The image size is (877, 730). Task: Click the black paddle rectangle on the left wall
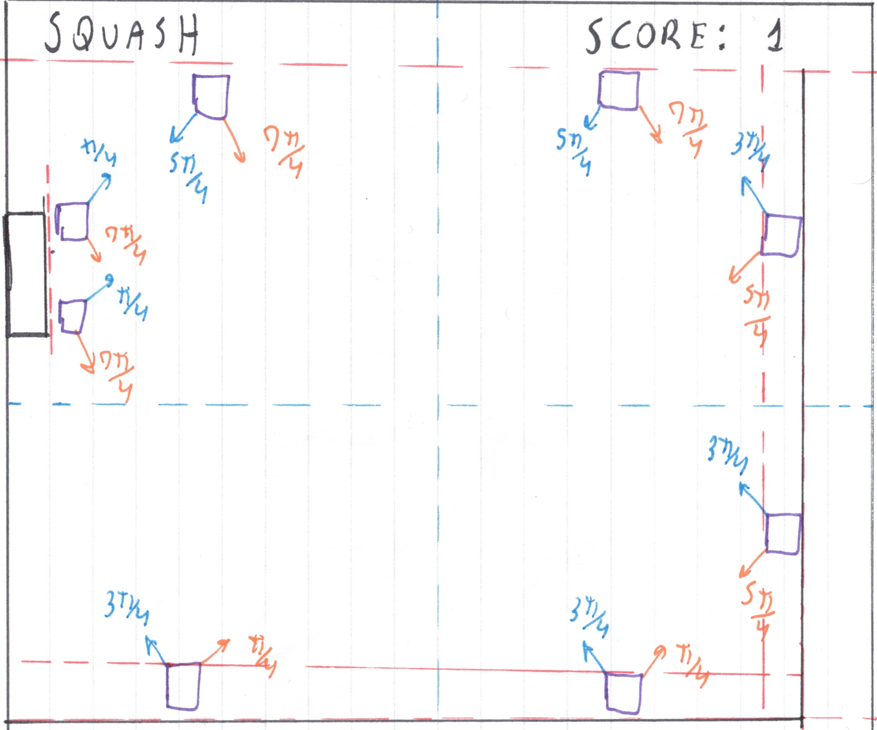(x=26, y=274)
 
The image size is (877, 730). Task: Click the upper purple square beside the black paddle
(x=73, y=221)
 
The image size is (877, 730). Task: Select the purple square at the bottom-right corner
(x=624, y=693)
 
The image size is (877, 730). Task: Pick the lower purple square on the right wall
(x=783, y=534)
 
